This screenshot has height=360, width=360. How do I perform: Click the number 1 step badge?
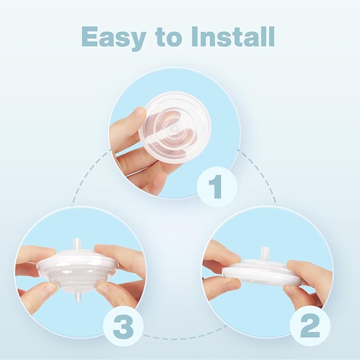coord(216,186)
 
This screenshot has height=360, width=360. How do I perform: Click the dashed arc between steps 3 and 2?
coord(180,335)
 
